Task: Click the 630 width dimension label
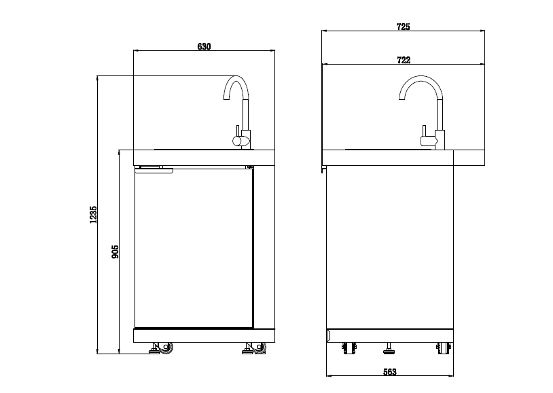point(204,46)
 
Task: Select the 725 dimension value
point(403,27)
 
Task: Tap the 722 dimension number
point(403,61)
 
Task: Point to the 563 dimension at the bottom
point(389,372)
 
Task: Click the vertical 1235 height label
point(94,214)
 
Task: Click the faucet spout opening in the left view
point(224,99)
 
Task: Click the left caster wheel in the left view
point(165,348)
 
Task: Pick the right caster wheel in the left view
point(259,348)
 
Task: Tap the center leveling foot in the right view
point(389,349)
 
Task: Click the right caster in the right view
point(442,348)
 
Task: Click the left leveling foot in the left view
point(154,349)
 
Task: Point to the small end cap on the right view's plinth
point(327,335)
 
